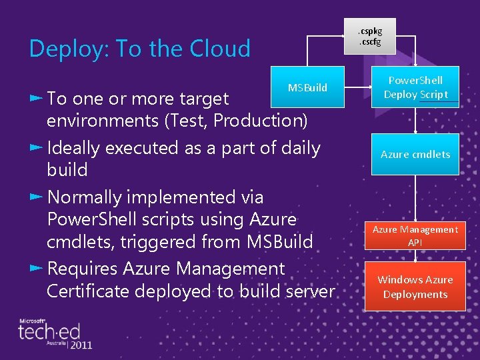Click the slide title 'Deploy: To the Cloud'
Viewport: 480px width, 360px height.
140,49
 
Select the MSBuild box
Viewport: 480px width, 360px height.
307,88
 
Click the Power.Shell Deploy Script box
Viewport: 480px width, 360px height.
415,87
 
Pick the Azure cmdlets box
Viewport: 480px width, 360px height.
415,154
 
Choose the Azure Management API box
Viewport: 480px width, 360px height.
415,236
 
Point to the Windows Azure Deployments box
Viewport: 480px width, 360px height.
415,287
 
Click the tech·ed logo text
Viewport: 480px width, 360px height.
49,331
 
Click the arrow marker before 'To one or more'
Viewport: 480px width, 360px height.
36,98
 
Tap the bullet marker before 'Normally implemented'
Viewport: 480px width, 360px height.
36,197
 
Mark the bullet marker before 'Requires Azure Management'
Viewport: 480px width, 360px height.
36,268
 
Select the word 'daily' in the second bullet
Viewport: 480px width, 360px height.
299,148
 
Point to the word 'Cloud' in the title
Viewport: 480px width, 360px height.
220,49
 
